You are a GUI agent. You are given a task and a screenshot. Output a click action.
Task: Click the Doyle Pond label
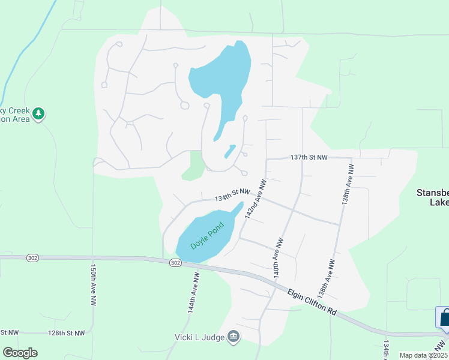point(207,236)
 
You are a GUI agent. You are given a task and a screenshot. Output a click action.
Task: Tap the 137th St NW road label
point(309,157)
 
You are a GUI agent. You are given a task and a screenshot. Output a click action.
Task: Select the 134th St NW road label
point(232,195)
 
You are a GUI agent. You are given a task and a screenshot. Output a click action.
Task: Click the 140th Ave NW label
point(278,256)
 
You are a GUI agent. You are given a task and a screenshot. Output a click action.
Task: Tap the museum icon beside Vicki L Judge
point(234,338)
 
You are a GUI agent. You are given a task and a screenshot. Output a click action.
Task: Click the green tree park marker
point(38,113)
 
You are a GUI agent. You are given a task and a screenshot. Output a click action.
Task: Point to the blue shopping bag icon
point(444,317)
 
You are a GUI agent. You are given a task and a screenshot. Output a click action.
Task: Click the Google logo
point(20,352)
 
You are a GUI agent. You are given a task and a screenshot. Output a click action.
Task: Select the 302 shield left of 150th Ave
point(32,257)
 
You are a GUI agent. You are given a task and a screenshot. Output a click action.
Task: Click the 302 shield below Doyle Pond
point(175,263)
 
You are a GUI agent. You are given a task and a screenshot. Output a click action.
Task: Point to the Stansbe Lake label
point(432,197)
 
